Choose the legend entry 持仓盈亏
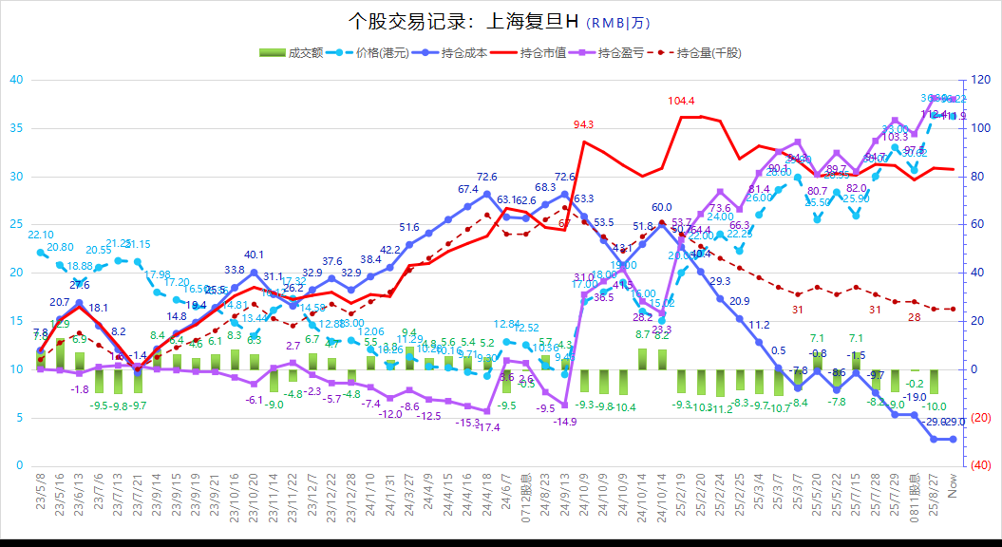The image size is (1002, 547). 622,53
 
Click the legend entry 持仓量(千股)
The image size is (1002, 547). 709,53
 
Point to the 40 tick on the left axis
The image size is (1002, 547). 16,80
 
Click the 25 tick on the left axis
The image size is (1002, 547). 16,225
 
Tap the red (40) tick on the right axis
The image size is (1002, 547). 983,465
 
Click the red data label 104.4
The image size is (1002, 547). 681,101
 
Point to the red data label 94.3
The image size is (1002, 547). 583,124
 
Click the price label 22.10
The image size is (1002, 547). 40,235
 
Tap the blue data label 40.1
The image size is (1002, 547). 254,255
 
